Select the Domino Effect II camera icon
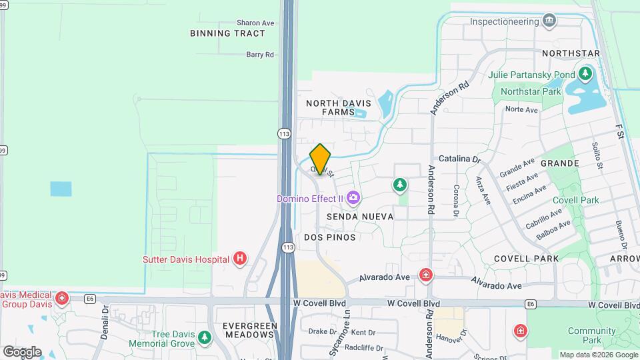click(x=353, y=197)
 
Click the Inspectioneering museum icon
click(x=549, y=21)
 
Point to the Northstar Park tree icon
click(x=586, y=73)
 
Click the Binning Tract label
click(x=218, y=33)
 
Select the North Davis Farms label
click(x=330, y=108)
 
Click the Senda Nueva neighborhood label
click(x=360, y=217)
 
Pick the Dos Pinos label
click(x=329, y=237)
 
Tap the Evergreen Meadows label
click(x=250, y=330)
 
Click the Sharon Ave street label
click(x=255, y=23)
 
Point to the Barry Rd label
click(x=260, y=55)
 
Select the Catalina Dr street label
click(x=459, y=159)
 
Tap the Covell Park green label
click(x=575, y=200)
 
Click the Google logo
click(x=22, y=351)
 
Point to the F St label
click(x=618, y=130)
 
